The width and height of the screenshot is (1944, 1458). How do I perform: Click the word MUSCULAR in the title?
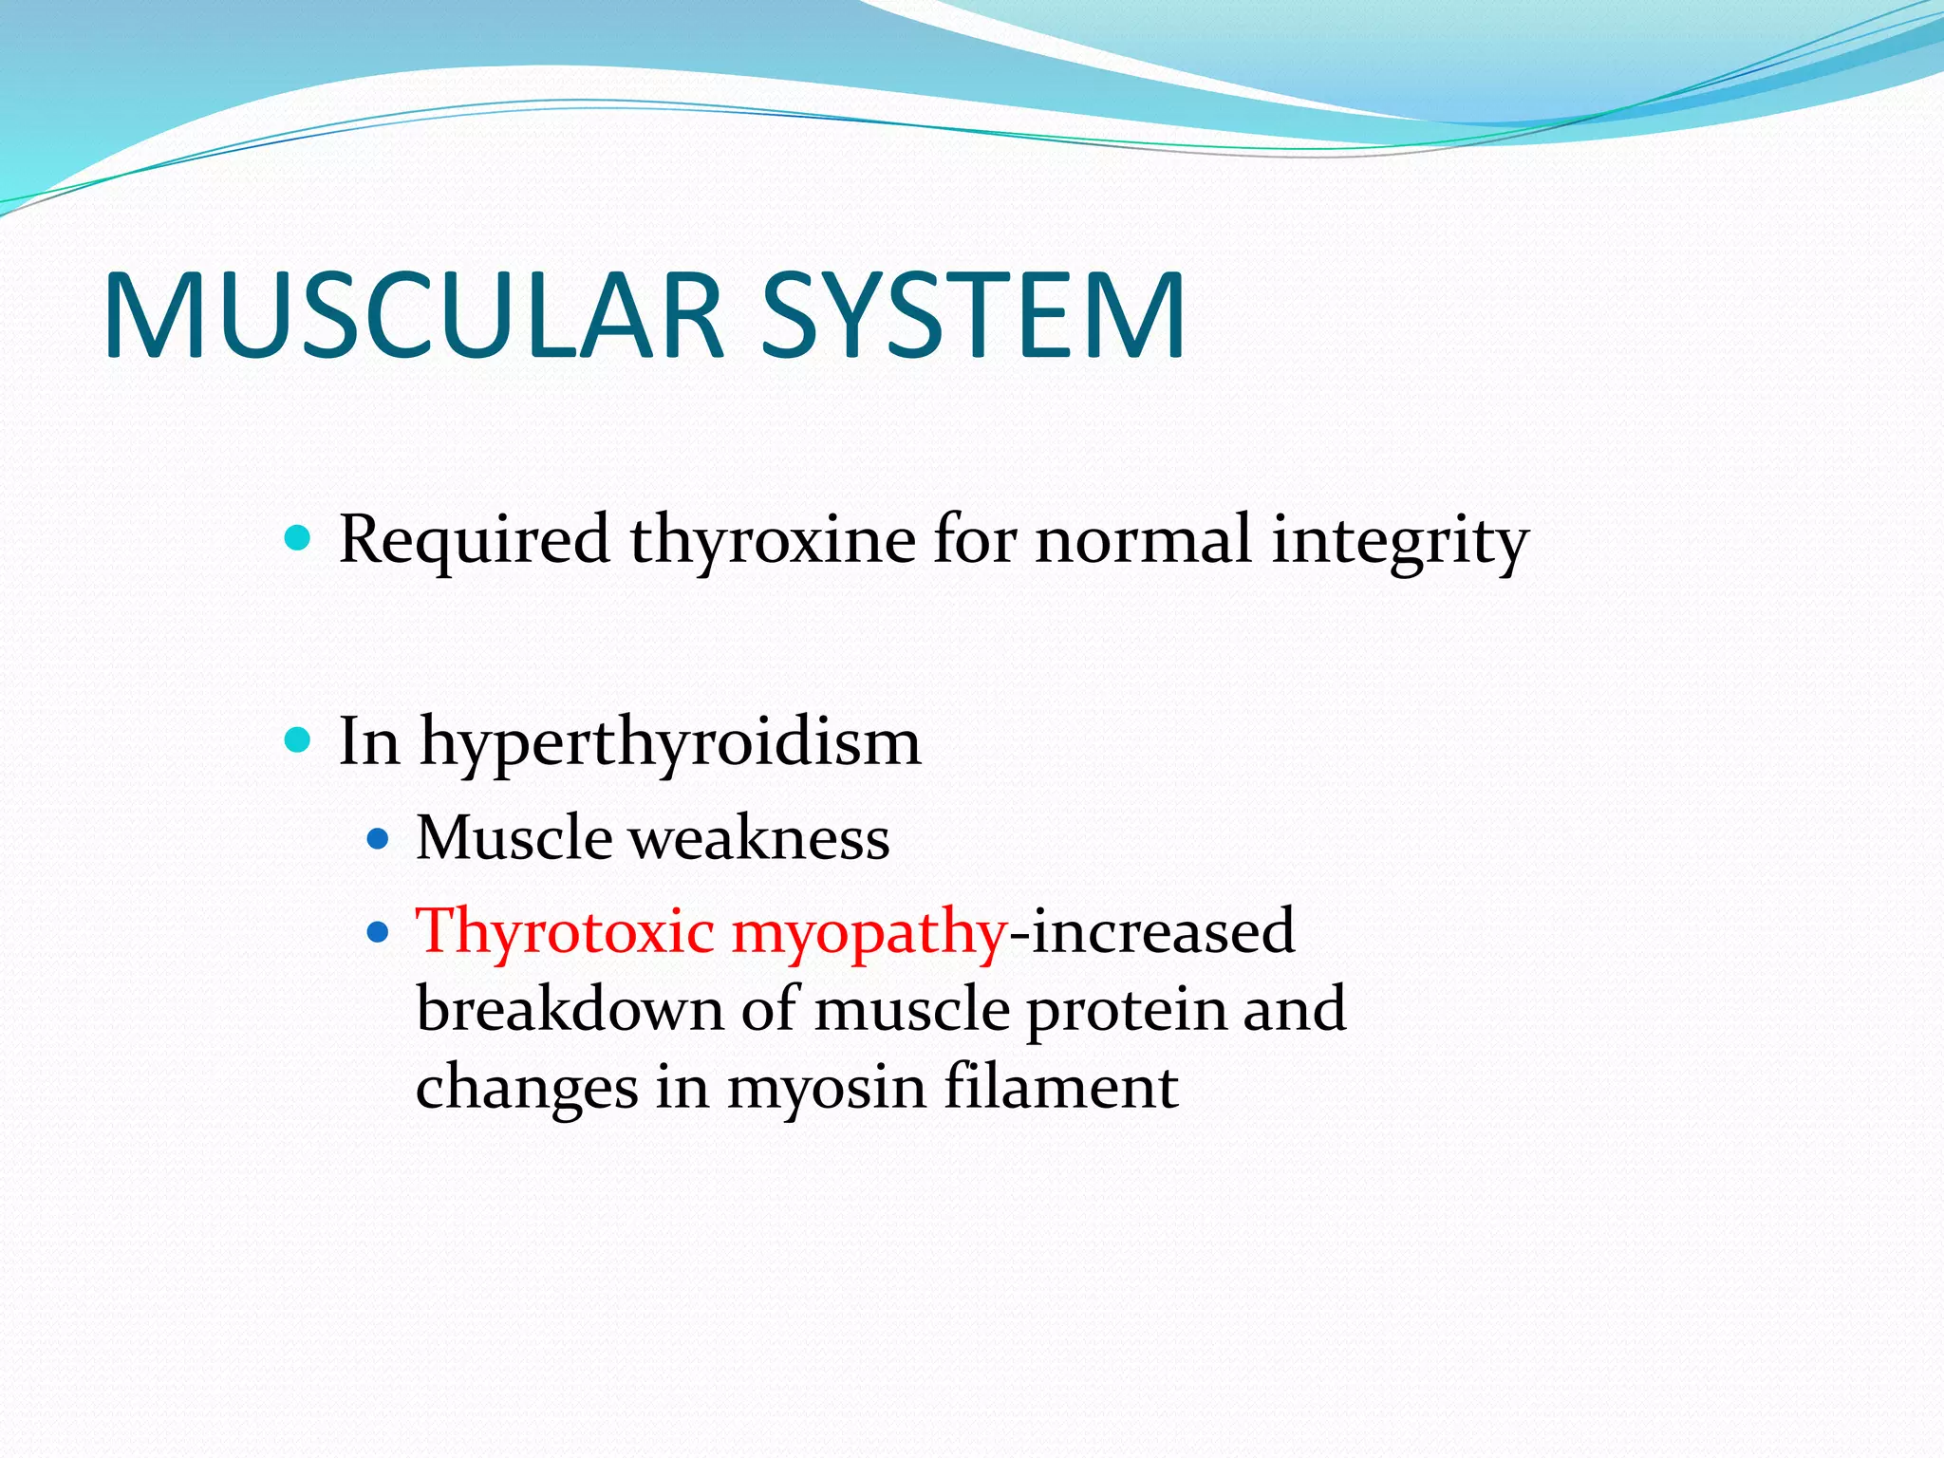pyautogui.click(x=414, y=316)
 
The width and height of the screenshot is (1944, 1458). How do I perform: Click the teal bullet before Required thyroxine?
pyautogui.click(x=297, y=539)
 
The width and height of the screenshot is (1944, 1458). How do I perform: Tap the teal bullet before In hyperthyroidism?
pyautogui.click(x=297, y=739)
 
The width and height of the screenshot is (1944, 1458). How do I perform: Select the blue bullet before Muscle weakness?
pyautogui.click(x=378, y=839)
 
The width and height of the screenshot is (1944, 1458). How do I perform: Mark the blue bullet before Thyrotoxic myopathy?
pyautogui.click(x=378, y=933)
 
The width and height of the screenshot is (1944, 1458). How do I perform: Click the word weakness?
pyautogui.click(x=759, y=839)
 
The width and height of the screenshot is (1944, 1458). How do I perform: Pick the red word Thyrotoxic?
pyautogui.click(x=565, y=931)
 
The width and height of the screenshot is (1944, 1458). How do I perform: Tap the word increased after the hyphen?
pyautogui.click(x=1163, y=931)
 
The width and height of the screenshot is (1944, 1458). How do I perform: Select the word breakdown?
pyautogui.click(x=570, y=1009)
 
